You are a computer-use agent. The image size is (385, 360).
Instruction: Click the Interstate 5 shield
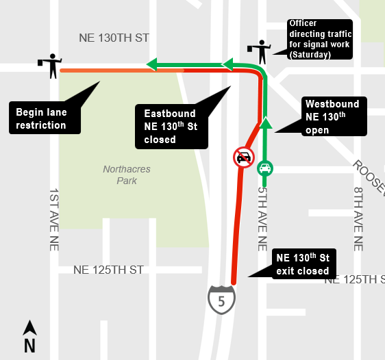click(222, 300)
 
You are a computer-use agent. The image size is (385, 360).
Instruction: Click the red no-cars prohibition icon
click(243, 157)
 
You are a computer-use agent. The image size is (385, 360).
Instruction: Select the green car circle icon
click(264, 168)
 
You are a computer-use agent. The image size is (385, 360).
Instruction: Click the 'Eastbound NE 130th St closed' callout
click(171, 126)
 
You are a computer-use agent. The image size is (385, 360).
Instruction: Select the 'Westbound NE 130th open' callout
click(332, 117)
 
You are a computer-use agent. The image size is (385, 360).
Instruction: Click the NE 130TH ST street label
click(113, 38)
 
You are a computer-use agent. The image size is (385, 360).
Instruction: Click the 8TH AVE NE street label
click(358, 219)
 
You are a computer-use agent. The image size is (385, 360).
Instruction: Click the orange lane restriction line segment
click(103, 70)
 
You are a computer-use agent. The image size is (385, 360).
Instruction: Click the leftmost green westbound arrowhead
click(152, 65)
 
